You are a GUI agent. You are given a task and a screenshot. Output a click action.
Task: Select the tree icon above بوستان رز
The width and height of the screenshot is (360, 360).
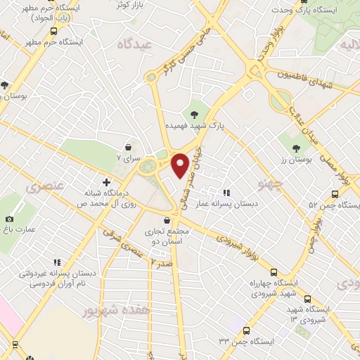pyautogui.click(x=296, y=148)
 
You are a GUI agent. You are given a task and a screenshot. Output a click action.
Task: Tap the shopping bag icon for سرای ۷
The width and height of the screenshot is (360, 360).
pyautogui.click(x=129, y=147)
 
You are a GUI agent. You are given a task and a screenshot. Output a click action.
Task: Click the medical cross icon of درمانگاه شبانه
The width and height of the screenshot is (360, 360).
pyautogui.click(x=106, y=181)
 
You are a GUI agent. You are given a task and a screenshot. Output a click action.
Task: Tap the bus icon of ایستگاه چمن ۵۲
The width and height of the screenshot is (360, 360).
pyautogui.click(x=335, y=195)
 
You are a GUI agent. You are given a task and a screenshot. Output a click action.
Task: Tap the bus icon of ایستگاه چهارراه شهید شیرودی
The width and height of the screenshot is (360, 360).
pyautogui.click(x=272, y=272)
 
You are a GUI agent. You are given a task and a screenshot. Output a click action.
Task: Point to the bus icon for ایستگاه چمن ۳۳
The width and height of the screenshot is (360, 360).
pyautogui.click(x=246, y=330)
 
